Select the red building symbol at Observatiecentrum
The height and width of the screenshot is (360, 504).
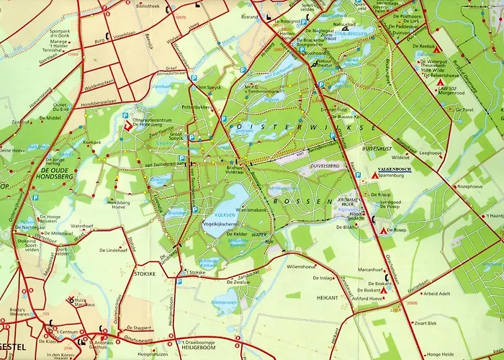(x=128, y=125)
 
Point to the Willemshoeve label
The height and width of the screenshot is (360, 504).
(x=303, y=266)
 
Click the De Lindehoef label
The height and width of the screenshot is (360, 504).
(x=114, y=251)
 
